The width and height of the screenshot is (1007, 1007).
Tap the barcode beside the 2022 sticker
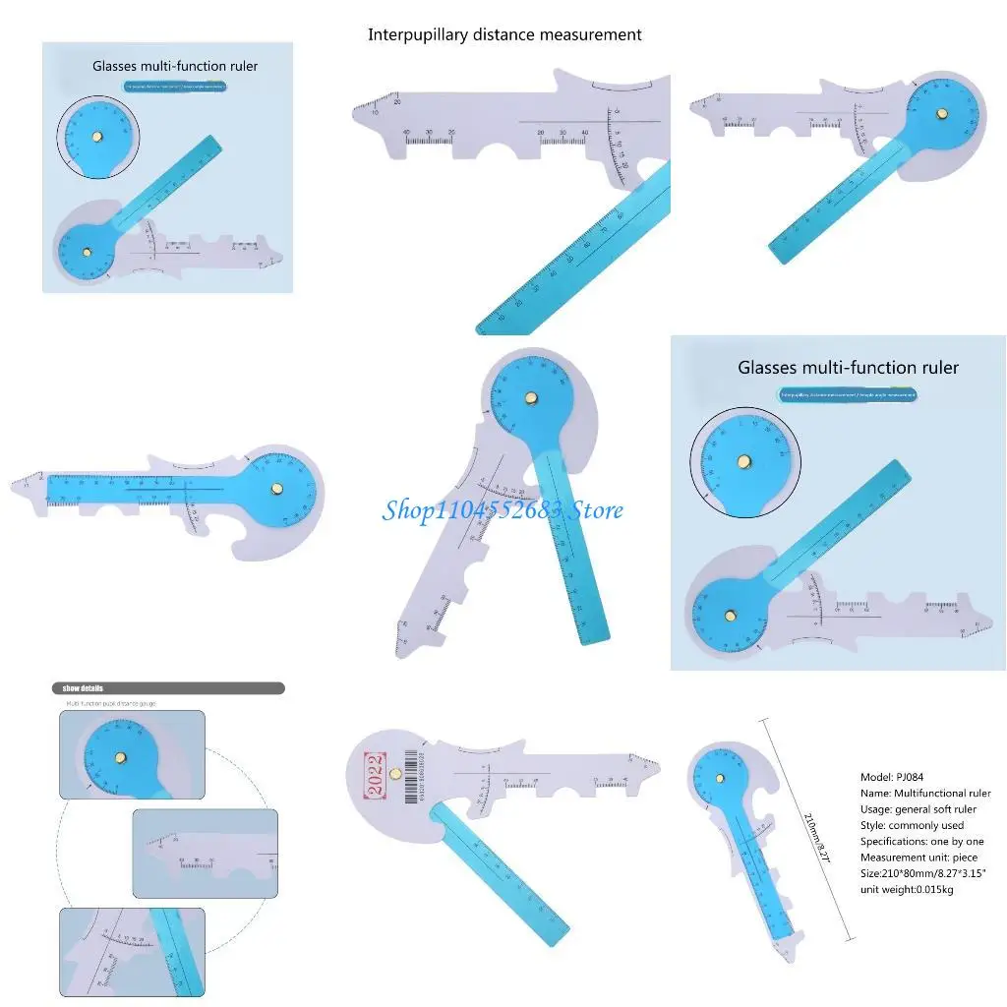click(410, 778)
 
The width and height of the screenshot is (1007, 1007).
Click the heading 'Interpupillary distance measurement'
click(504, 34)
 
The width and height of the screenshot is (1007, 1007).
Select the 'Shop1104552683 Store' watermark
click(503, 510)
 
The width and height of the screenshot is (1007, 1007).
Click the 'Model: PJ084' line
click(893, 777)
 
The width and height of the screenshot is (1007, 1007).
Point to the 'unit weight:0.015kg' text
click(907, 889)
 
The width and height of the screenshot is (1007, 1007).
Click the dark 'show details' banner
click(168, 688)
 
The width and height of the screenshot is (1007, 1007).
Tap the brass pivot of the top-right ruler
click(942, 114)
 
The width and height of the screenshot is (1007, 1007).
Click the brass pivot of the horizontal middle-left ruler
click(276, 488)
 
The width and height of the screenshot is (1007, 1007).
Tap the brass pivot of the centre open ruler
click(531, 398)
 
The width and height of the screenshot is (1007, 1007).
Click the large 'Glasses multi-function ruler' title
click(848, 368)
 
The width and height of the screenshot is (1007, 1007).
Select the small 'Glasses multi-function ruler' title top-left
click(175, 67)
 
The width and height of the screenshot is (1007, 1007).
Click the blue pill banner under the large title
click(848, 395)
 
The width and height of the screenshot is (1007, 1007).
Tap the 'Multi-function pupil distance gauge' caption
click(111, 704)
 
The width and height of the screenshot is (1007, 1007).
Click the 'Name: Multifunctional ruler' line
click(925, 793)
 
